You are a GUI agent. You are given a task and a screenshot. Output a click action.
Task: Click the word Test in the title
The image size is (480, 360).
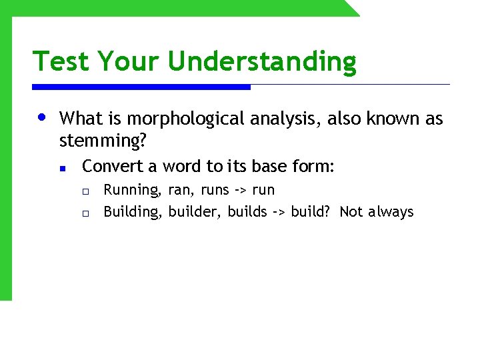pyautogui.click(x=62, y=61)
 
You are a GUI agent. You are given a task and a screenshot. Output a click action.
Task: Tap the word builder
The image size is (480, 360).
pyautogui.click(x=195, y=212)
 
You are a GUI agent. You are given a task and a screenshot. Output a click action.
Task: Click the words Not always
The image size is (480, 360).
pyautogui.click(x=377, y=212)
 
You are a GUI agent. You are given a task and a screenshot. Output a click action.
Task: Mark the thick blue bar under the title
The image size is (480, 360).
pyautogui.click(x=141, y=87)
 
